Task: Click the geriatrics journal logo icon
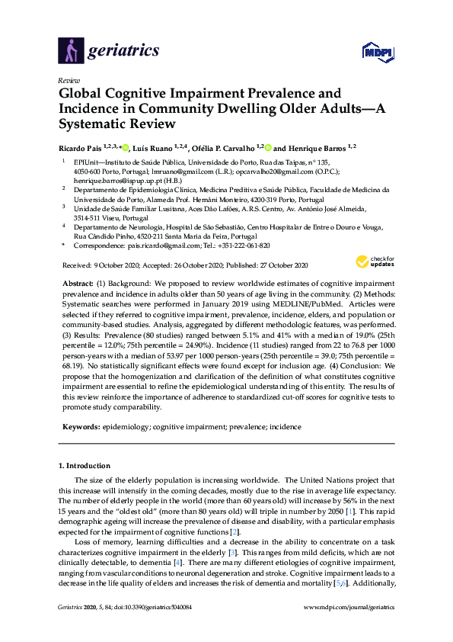(70, 51)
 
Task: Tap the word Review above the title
(69, 79)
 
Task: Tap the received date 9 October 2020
(117, 265)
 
